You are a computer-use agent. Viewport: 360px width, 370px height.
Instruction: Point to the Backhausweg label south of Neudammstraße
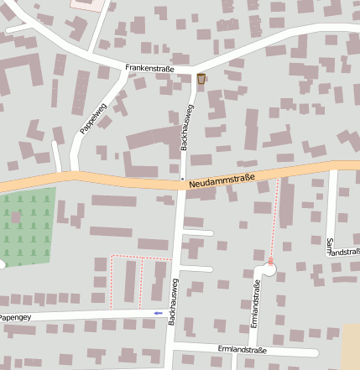pos(173,302)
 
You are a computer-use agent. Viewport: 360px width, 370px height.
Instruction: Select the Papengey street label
pos(15,318)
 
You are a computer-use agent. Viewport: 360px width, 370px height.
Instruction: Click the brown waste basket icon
pos(201,79)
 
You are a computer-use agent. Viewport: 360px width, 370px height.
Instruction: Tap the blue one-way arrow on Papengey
pos(159,314)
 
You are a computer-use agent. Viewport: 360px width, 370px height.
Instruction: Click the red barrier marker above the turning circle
pos(270,261)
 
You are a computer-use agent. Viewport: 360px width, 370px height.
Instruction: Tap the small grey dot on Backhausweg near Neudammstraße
pos(182,178)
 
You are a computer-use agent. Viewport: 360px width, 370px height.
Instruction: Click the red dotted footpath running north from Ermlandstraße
pos(274,218)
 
